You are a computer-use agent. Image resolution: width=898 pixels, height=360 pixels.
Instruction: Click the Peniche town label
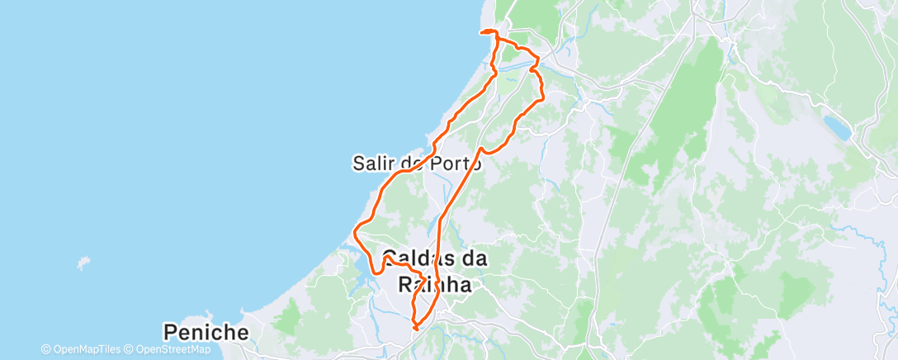pyautogui.click(x=206, y=333)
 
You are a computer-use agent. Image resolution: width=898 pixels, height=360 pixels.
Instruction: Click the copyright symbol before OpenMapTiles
pyautogui.click(x=45, y=349)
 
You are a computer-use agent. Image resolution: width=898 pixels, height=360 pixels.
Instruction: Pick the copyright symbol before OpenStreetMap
pyautogui.click(x=130, y=349)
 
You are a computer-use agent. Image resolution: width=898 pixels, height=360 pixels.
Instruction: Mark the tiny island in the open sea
pyautogui.click(x=82, y=264)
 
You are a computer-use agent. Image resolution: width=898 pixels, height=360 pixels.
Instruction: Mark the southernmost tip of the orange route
pyautogui.click(x=415, y=329)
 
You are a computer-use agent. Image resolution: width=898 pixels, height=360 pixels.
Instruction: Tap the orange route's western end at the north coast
pyautogui.click(x=481, y=33)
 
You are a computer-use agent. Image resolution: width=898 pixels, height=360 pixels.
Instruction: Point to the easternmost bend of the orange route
pyautogui.click(x=543, y=99)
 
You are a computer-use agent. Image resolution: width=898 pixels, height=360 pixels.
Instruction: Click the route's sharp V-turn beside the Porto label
pyautogui.click(x=482, y=151)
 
